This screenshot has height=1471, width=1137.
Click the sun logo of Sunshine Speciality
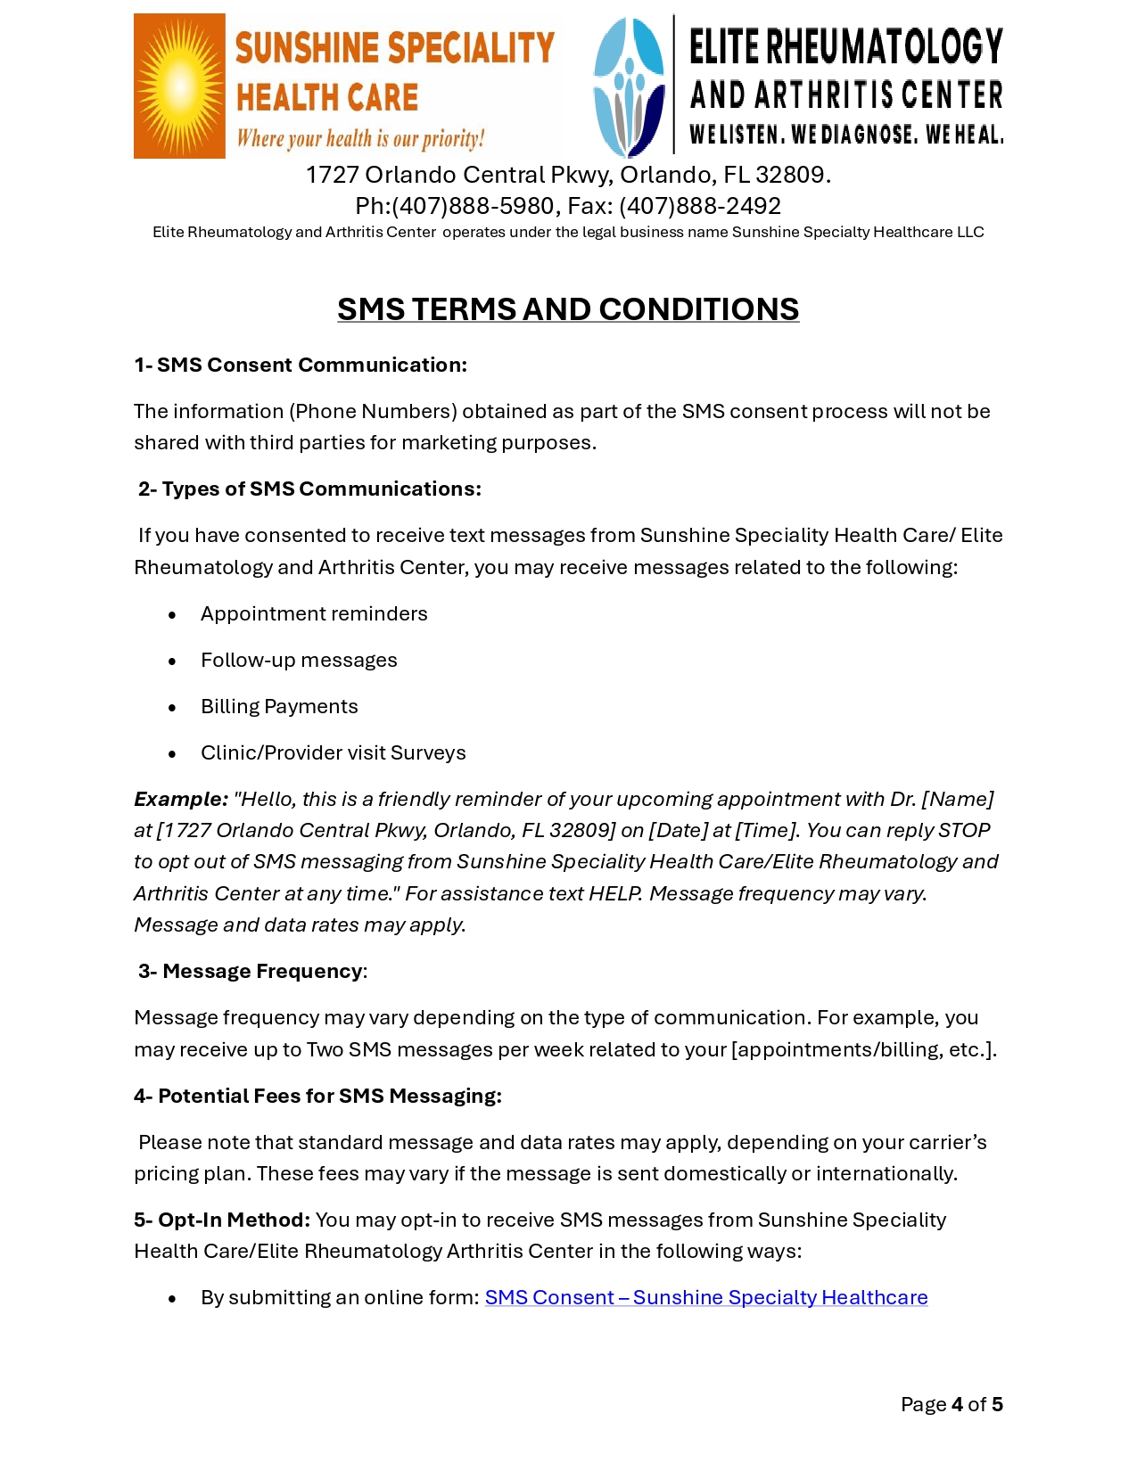click(x=179, y=86)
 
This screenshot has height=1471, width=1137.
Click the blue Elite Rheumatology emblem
click(x=630, y=87)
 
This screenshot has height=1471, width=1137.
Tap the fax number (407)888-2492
click(x=700, y=206)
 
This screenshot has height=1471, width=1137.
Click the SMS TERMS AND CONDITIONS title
click(x=568, y=309)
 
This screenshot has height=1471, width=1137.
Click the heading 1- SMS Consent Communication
click(x=301, y=365)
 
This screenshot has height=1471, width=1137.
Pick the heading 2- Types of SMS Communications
click(x=309, y=489)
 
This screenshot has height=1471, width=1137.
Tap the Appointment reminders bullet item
click(x=314, y=613)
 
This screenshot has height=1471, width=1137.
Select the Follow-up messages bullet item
click(x=299, y=660)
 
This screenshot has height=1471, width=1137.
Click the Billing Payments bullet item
click(x=279, y=706)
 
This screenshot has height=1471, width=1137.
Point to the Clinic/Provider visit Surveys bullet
click(x=333, y=752)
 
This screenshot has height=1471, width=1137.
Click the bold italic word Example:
click(x=181, y=799)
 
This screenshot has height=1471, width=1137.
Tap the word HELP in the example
click(x=614, y=893)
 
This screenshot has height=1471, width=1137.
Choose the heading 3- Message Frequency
click(x=251, y=971)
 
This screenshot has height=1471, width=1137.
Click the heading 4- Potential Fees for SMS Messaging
click(x=317, y=1096)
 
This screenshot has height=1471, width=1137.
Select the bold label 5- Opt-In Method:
click(x=222, y=1220)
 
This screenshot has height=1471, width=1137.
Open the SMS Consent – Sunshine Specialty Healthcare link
click(x=705, y=1297)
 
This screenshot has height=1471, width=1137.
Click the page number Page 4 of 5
click(x=951, y=1404)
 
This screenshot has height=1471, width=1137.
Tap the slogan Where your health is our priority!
click(x=360, y=138)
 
